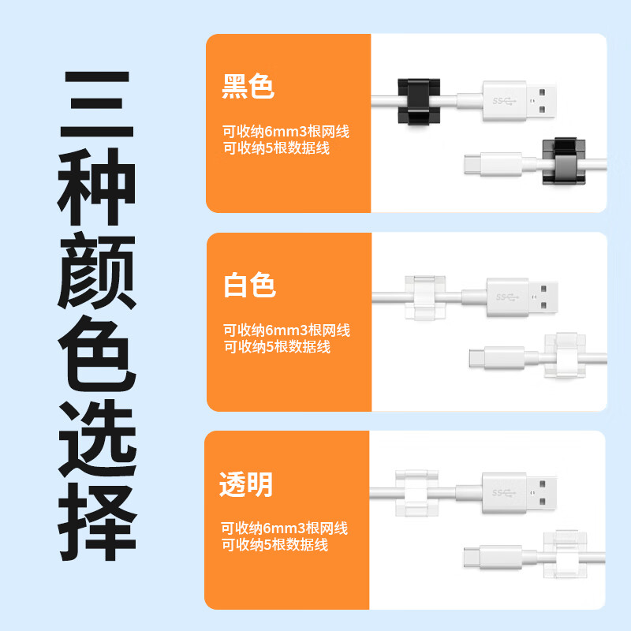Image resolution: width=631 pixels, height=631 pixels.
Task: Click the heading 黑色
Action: coord(249,87)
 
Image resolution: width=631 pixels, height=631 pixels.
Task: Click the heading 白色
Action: coord(249,285)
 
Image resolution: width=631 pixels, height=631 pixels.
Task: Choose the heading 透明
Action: coord(246,484)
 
